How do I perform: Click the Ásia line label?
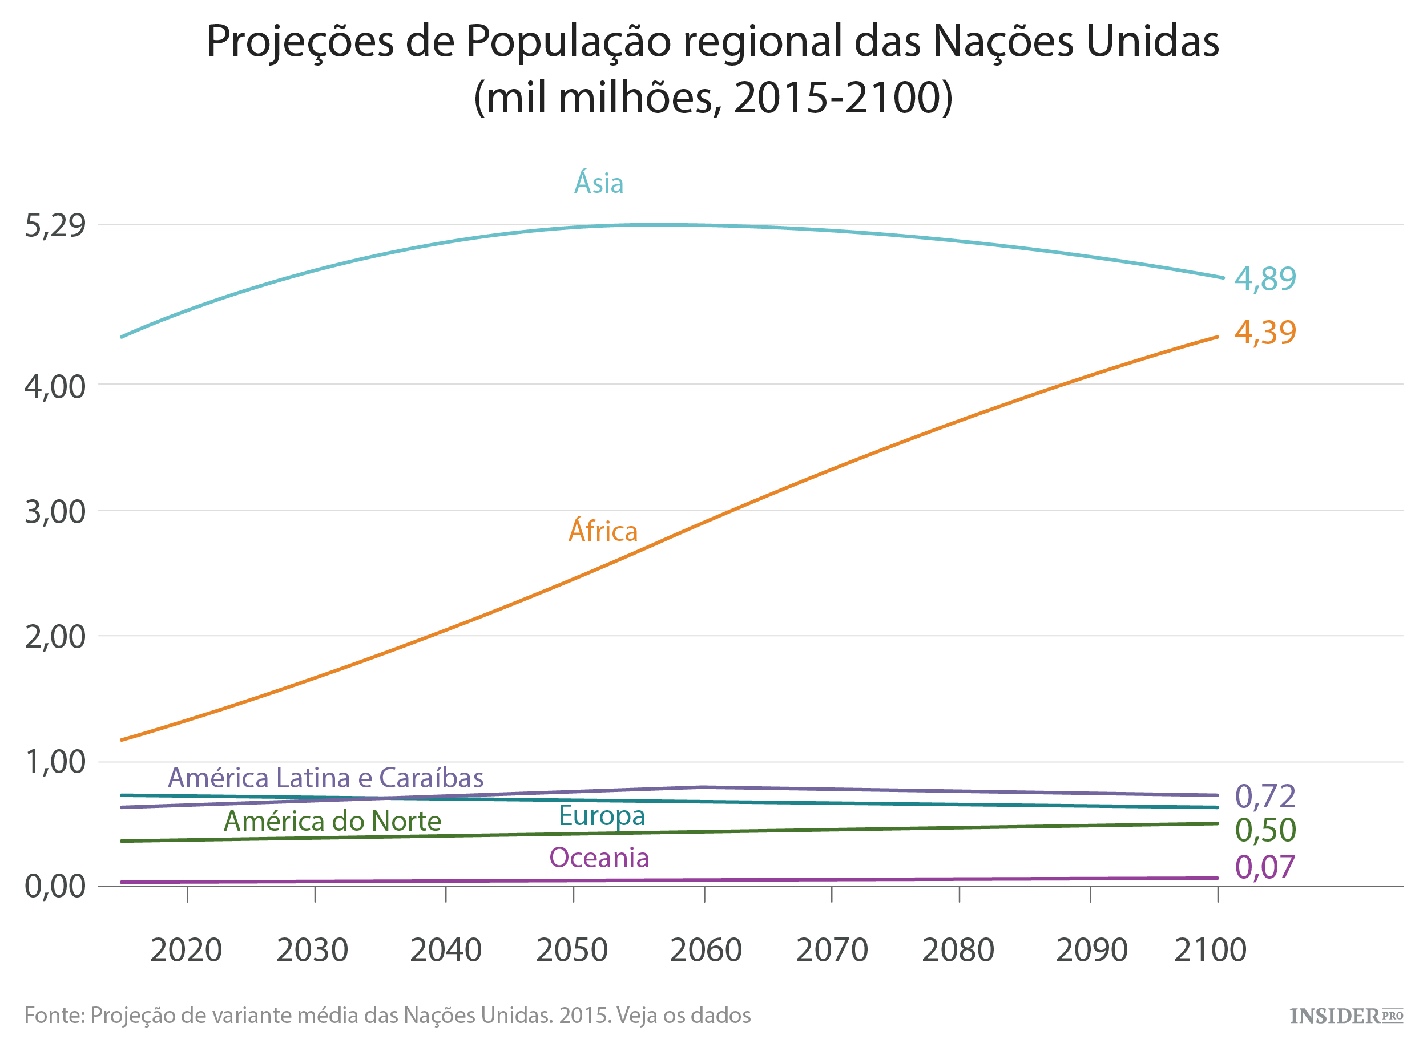(x=598, y=184)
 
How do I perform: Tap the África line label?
(x=602, y=531)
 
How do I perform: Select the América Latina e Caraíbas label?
(x=325, y=778)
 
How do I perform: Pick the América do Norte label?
(x=332, y=822)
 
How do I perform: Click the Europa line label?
(x=601, y=816)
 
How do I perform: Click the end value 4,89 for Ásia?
(x=1265, y=279)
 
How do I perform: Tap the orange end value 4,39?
(x=1265, y=333)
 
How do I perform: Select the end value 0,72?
(x=1265, y=797)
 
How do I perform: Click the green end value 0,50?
(x=1265, y=830)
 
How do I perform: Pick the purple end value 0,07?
(x=1265, y=867)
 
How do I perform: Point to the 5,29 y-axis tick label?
(x=55, y=225)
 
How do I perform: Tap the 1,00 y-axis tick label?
(x=55, y=762)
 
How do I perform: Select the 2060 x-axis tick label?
(x=705, y=950)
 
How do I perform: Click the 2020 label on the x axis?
(x=186, y=950)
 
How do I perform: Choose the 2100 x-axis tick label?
(x=1210, y=950)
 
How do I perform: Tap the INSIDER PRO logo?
(x=1346, y=1017)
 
